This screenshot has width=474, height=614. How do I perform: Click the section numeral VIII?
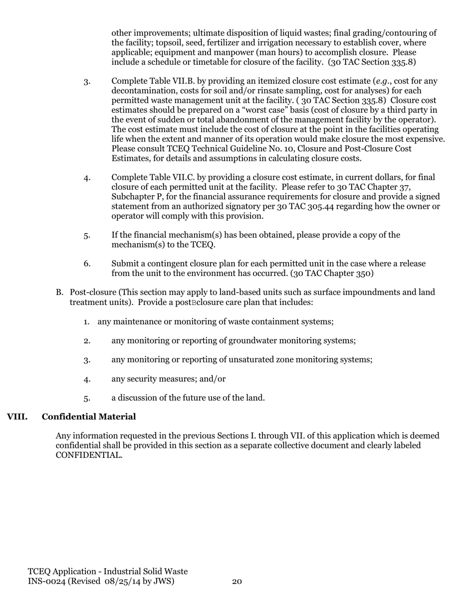click(x=17, y=417)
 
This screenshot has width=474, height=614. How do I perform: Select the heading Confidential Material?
click(x=89, y=417)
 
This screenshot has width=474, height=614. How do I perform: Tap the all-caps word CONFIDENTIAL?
click(x=89, y=455)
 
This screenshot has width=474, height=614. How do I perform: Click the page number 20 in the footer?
click(x=237, y=582)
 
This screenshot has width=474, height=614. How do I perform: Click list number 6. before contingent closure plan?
click(x=87, y=264)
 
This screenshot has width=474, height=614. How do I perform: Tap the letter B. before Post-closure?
click(x=59, y=293)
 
